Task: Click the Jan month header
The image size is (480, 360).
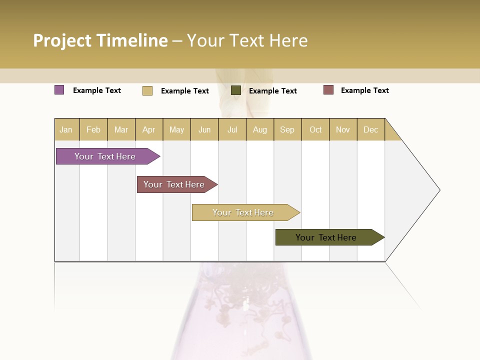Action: (x=66, y=129)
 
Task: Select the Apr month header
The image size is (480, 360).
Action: (x=149, y=129)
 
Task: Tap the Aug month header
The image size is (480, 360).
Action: (x=260, y=129)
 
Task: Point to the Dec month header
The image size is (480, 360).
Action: (x=370, y=129)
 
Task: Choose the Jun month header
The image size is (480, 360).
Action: (x=204, y=129)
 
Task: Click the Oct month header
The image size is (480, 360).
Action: (x=315, y=129)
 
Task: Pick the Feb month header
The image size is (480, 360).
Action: (x=93, y=129)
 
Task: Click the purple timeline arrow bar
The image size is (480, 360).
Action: (x=105, y=156)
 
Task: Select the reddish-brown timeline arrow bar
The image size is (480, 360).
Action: (x=174, y=184)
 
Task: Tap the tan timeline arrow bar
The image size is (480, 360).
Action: (x=243, y=212)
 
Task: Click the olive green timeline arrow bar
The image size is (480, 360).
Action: (x=326, y=237)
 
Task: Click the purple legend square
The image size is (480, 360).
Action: (x=59, y=90)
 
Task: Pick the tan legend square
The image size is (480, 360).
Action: (x=147, y=90)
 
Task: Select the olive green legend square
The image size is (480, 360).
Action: (x=236, y=90)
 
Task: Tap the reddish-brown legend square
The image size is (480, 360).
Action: (x=328, y=90)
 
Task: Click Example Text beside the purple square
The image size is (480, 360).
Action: (x=97, y=90)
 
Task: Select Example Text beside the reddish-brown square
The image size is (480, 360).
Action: (x=365, y=90)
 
